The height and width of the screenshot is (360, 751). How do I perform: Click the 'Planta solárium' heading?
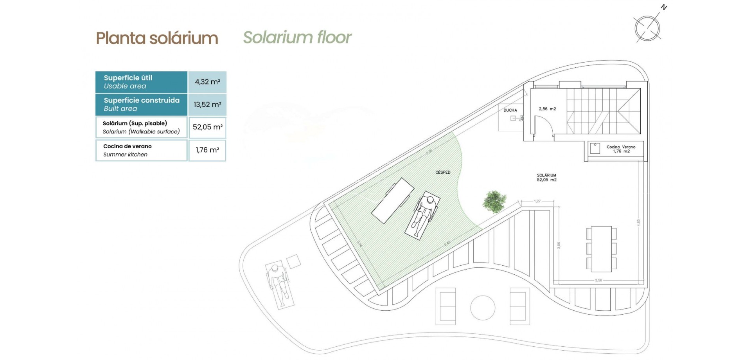[157, 38]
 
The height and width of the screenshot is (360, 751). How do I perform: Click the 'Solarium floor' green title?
[297, 38]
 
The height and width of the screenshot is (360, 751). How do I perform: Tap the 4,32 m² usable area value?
[207, 82]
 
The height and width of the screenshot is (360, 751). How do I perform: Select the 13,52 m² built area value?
[207, 104]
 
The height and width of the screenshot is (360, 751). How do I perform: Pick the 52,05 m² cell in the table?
[207, 127]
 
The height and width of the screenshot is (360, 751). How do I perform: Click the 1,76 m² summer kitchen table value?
[207, 150]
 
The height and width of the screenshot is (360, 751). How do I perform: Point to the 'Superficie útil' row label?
[128, 78]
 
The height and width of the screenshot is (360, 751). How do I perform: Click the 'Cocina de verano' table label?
[128, 146]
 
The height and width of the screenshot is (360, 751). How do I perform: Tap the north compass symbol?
[647, 28]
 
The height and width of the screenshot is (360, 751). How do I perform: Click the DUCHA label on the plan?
[510, 110]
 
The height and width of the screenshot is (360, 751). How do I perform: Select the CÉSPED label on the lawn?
[443, 172]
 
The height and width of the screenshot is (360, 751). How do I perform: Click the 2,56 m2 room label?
[547, 109]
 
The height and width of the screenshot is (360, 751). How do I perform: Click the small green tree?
[494, 201]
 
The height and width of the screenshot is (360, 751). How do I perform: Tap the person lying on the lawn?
[423, 215]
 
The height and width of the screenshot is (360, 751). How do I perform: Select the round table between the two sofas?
[483, 308]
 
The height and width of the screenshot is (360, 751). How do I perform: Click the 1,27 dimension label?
[537, 201]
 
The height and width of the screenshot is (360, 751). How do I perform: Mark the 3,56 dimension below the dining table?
[598, 280]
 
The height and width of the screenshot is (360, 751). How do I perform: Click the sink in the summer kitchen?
[595, 148]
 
